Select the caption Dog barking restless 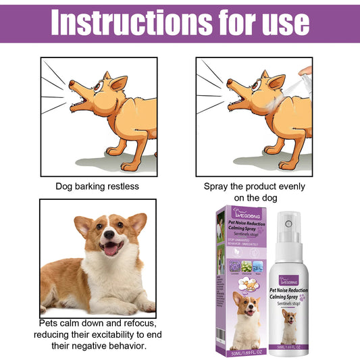(97, 186)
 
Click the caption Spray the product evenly (254, 186)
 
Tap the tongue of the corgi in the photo (110, 249)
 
